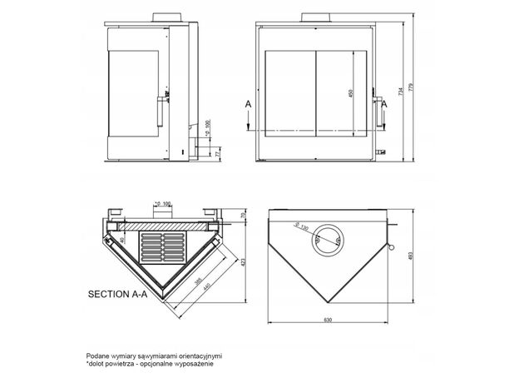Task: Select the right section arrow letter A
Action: [385, 102]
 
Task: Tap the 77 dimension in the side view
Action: [217, 154]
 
